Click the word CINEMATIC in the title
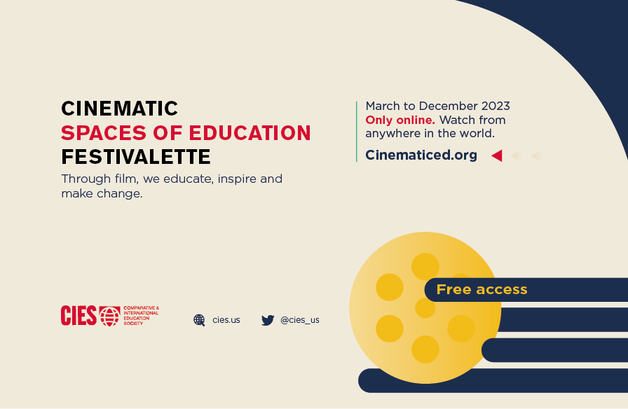point(119,109)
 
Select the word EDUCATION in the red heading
point(250,133)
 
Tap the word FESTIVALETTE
point(136,157)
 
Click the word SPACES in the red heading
point(103,133)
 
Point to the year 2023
point(496,106)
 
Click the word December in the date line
point(448,106)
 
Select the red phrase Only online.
point(400,120)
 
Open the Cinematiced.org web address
point(421,155)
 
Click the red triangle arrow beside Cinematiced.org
point(497,155)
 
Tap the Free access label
point(482,289)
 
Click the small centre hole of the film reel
point(425,307)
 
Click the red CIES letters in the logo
point(78,315)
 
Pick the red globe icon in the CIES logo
point(110,316)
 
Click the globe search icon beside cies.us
point(199,320)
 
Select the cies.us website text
point(226,320)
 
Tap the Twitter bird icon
point(268,320)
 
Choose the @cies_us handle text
point(300,320)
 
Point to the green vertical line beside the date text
point(357,132)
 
